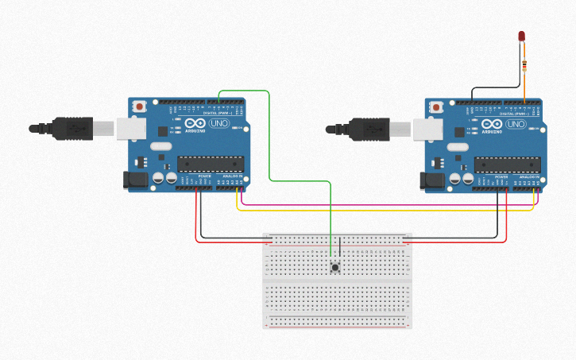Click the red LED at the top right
click(521, 36)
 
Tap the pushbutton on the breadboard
click(335, 268)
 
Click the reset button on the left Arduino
click(140, 106)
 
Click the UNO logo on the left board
click(218, 124)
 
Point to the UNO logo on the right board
click(516, 125)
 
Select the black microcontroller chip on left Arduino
click(210, 164)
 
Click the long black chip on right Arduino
click(507, 165)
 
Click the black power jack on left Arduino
click(137, 180)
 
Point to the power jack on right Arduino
click(433, 181)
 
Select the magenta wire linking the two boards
click(381, 205)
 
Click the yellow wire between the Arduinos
click(381, 211)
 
